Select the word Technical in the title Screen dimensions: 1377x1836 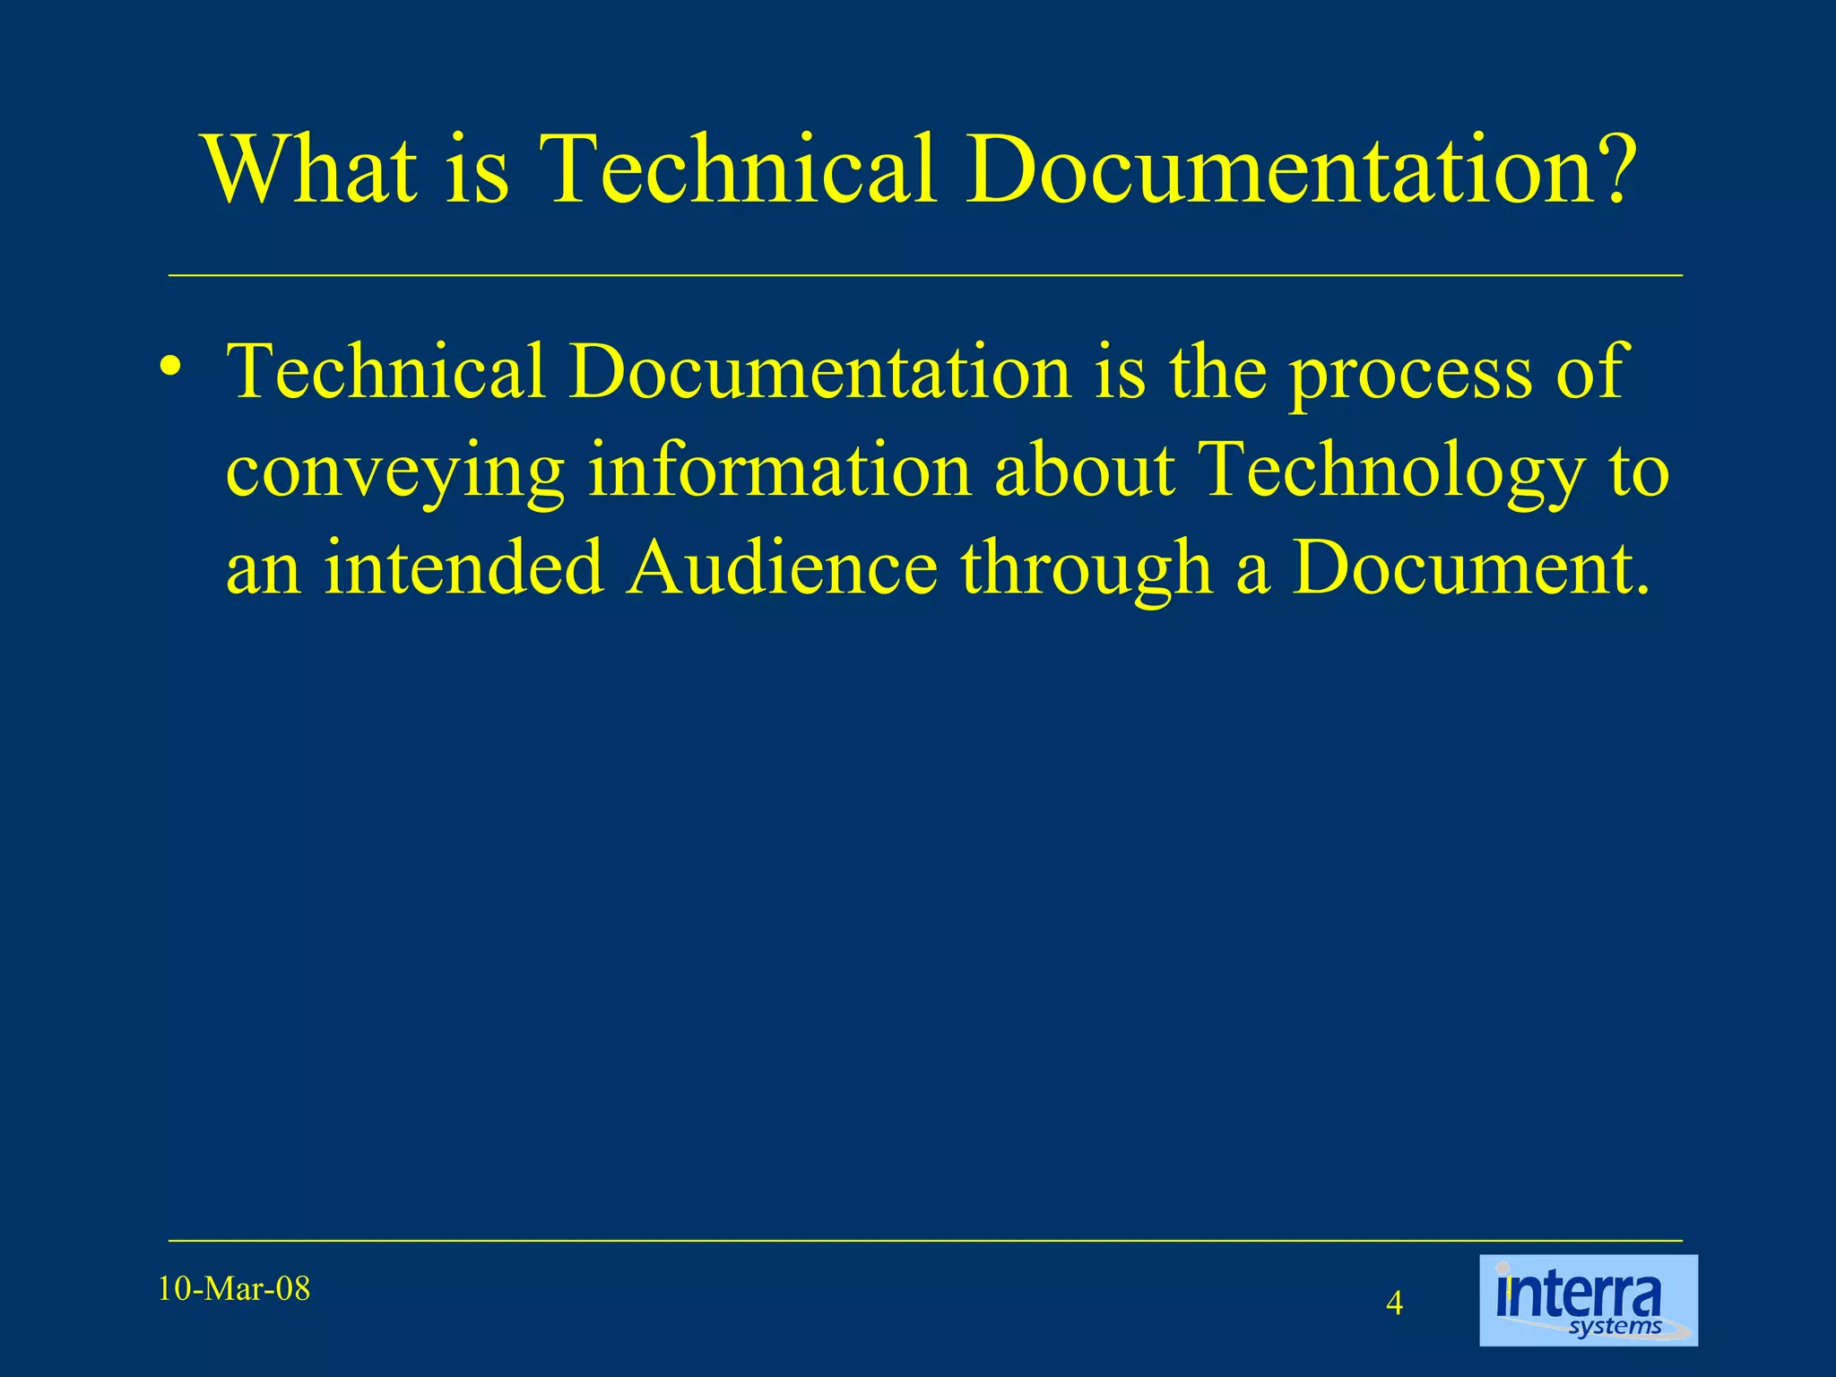tap(740, 169)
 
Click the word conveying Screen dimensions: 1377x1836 tap(394, 473)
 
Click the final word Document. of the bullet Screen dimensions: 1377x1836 tap(1470, 568)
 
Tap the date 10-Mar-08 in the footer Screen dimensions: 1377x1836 tap(234, 1289)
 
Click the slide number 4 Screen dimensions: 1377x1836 tap(1394, 1303)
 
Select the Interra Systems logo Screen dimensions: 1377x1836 tap(1588, 1300)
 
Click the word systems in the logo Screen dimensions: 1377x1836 tap(1615, 1327)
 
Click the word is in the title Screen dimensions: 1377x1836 tap(477, 169)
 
